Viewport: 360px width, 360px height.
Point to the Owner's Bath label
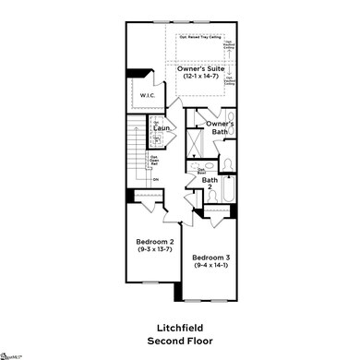click(220, 126)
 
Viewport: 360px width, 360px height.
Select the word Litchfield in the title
click(180, 327)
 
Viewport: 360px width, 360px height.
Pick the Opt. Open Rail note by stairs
click(153, 159)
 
